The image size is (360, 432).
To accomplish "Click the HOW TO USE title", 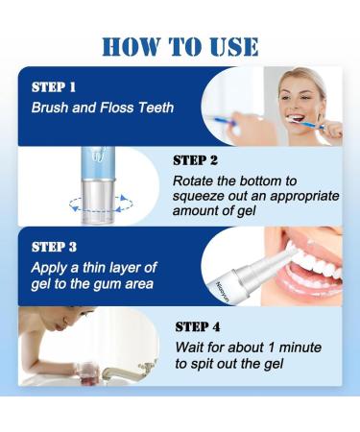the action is coord(180,47).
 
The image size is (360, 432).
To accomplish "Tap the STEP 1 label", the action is coord(54,87).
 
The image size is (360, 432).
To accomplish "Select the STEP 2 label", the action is coord(195,160).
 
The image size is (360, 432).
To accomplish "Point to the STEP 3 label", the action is coord(54,247).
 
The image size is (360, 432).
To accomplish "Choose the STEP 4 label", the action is coord(198,326).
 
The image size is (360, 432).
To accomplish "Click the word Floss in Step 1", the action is coord(117,108).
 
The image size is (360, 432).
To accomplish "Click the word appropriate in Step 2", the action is coord(304,197).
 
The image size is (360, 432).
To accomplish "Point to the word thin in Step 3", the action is coord(94,268).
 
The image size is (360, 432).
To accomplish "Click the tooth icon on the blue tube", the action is coord(97,154).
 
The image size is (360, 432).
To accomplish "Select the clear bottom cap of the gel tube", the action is coord(97,201).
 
